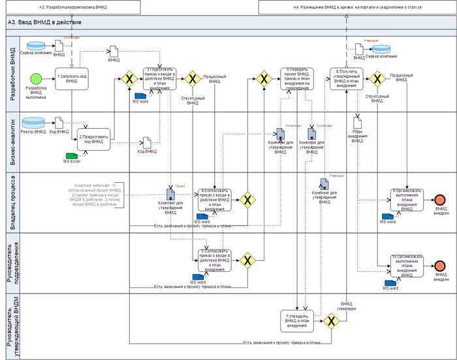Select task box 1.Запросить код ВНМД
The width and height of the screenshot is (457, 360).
[71, 79]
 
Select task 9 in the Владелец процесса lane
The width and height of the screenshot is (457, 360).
[407, 199]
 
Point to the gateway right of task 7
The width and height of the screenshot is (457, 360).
[331, 321]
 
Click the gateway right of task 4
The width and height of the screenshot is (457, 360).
[247, 200]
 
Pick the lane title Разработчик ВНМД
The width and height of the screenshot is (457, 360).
[11, 72]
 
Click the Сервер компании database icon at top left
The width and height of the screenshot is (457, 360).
[37, 46]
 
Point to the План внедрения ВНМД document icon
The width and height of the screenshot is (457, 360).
[357, 122]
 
